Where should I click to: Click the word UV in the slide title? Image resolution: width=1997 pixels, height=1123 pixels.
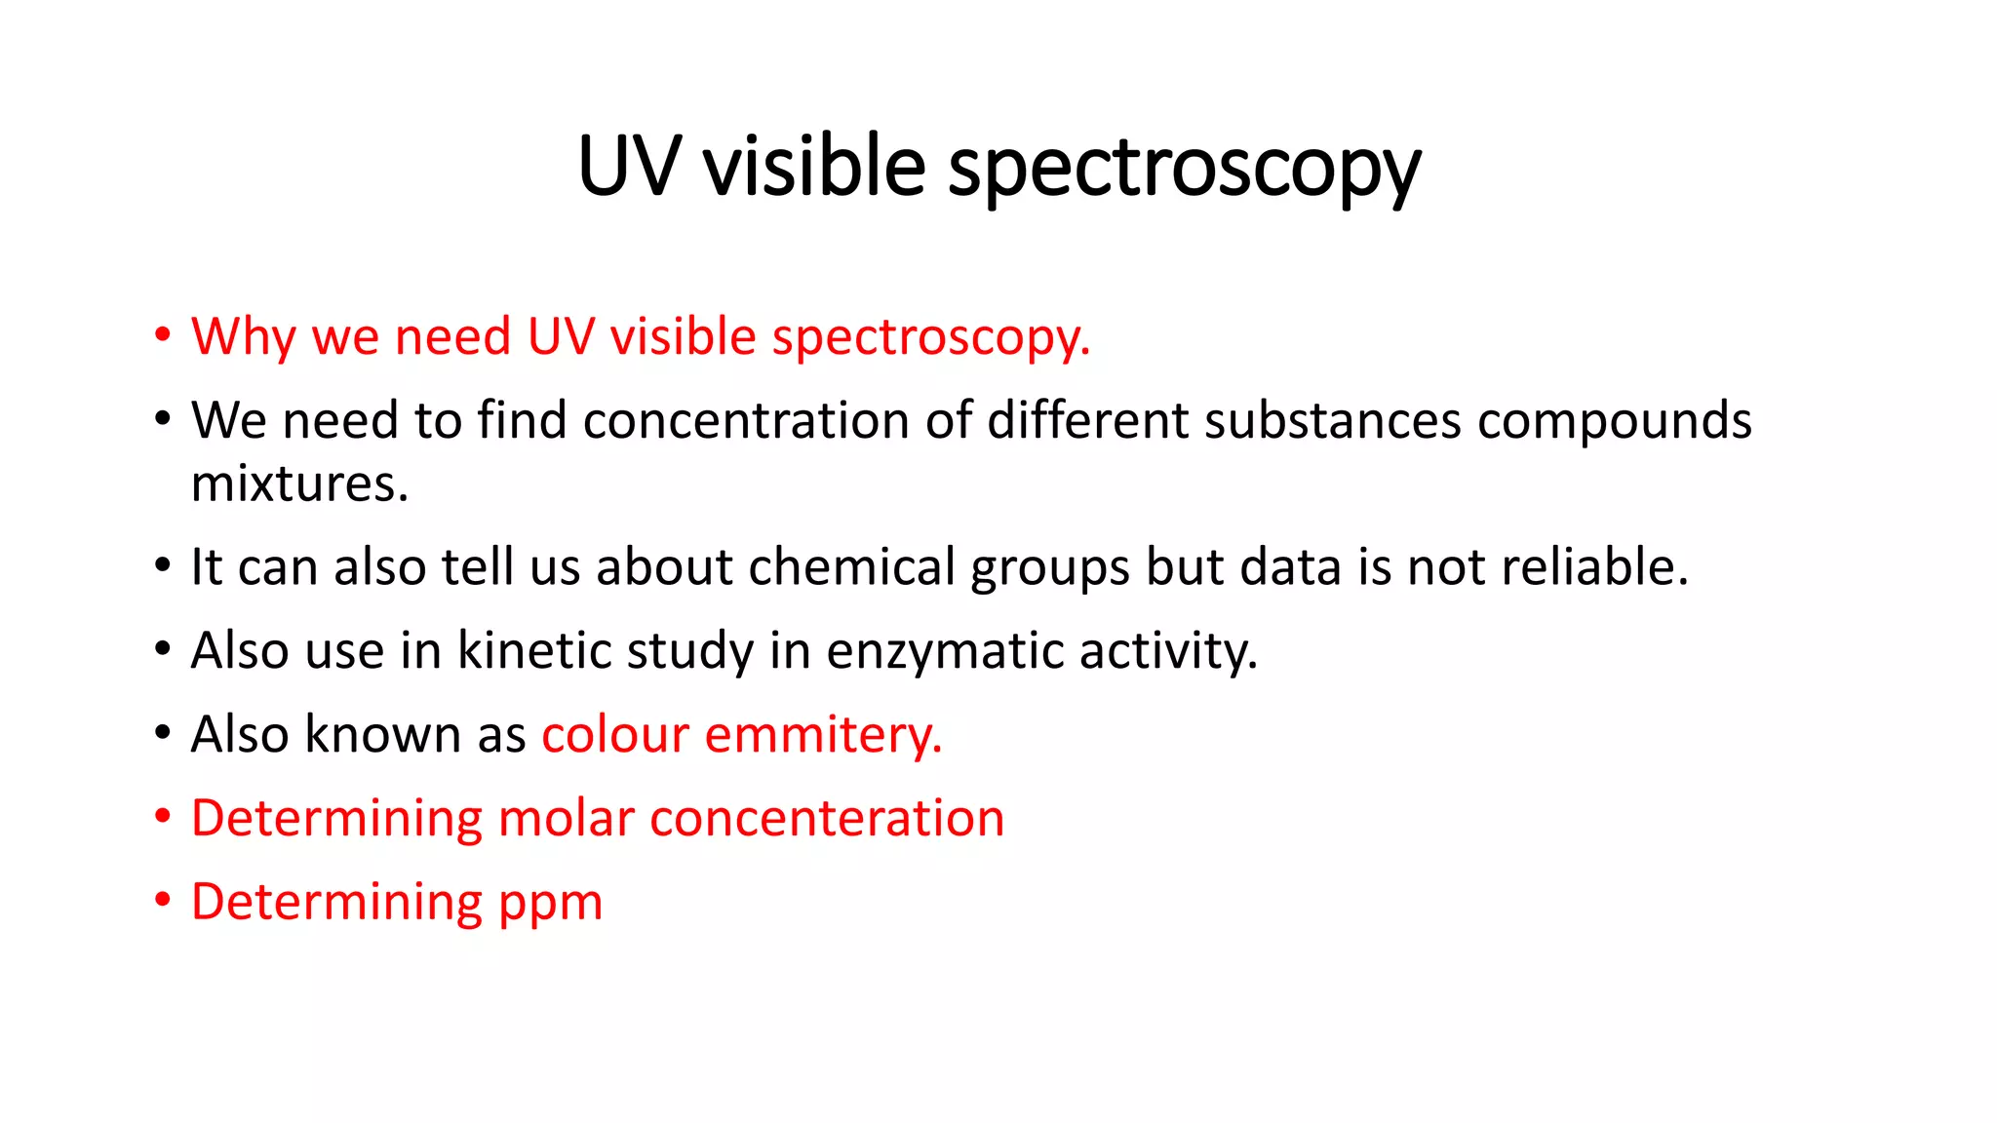627,166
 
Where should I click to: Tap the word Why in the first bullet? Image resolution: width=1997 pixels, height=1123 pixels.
243,337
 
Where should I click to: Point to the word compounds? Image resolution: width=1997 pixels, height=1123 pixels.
1614,421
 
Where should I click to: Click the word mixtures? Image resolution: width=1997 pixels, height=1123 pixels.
298,484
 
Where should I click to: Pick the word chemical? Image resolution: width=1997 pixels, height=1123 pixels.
852,566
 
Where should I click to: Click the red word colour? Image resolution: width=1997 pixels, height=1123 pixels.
615,734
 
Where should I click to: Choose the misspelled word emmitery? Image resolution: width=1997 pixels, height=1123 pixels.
823,734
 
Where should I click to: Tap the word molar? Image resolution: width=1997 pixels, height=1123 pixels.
567,818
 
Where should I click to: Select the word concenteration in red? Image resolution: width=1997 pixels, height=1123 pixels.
827,818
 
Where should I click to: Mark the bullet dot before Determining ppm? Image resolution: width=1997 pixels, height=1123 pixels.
163,899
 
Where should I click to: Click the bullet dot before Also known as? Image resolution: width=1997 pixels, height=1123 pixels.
163,732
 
